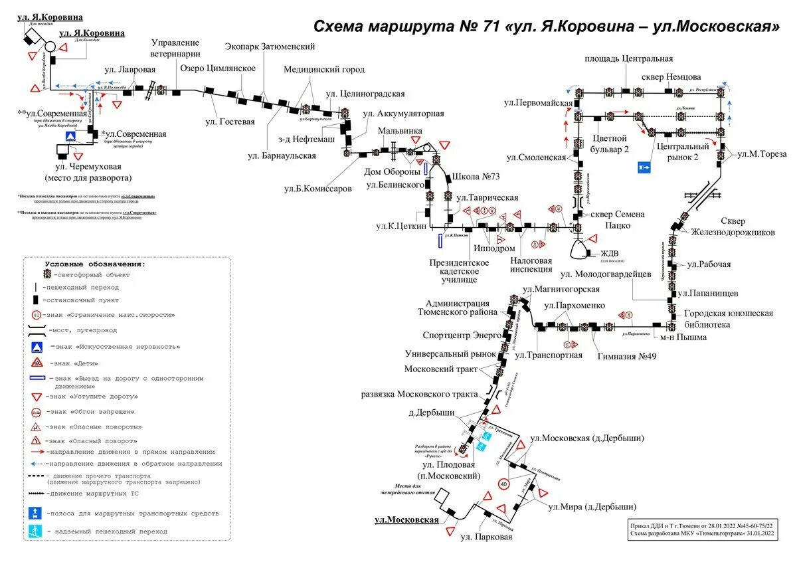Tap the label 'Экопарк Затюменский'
[270, 47]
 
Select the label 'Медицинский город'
[324, 69]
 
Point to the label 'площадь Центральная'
[628, 58]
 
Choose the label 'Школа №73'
[476, 177]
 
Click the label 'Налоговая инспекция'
[531, 264]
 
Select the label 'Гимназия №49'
[626, 356]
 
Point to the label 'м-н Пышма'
[683, 337]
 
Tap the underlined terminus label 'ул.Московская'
[406, 519]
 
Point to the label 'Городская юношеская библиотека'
[729, 318]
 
